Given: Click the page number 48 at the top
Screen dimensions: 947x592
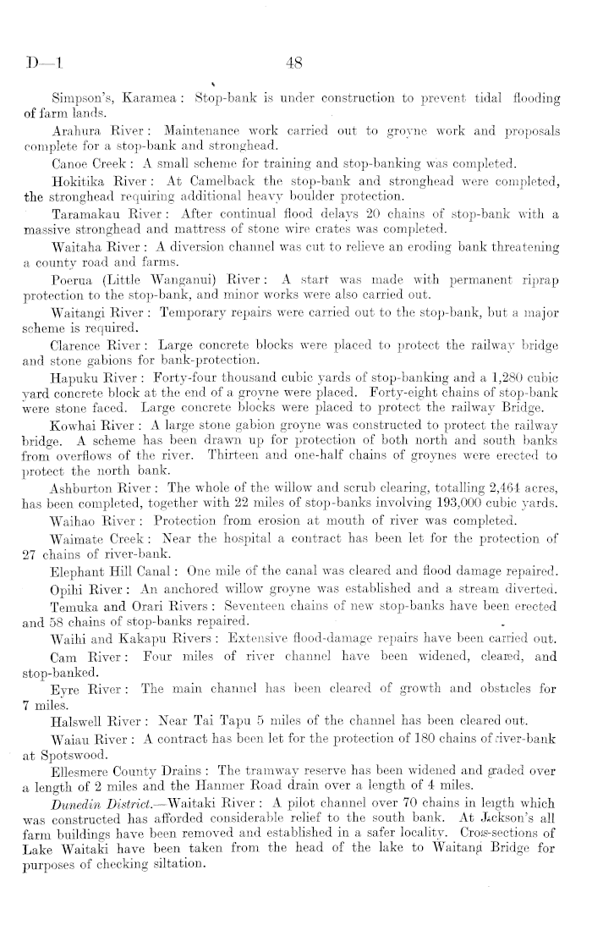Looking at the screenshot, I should (296, 62).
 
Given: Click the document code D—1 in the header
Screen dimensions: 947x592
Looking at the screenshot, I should (39, 62).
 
